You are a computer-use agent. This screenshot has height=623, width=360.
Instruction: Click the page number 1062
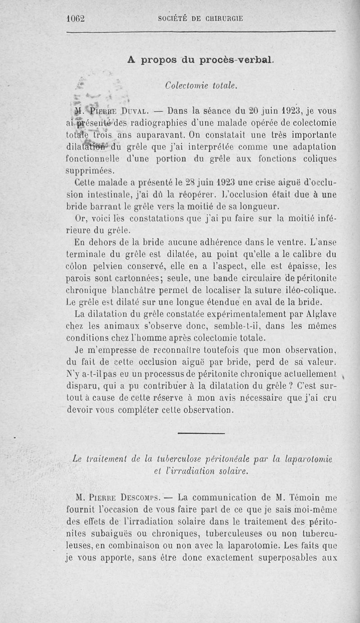click(x=75, y=18)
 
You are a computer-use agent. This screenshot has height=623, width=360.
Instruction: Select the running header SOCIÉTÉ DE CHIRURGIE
click(x=201, y=18)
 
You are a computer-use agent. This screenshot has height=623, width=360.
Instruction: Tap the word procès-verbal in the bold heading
click(x=241, y=60)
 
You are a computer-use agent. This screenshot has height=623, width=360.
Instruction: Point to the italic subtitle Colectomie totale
click(x=201, y=85)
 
